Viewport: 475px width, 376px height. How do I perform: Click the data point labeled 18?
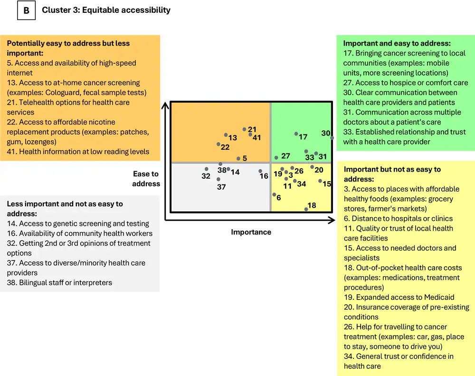coord(306,209)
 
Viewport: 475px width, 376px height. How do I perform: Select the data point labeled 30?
coord(332,138)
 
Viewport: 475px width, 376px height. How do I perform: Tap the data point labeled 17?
coord(296,134)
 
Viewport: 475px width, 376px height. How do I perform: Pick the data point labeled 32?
coord(207,169)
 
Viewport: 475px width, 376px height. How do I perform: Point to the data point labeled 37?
coord(218,179)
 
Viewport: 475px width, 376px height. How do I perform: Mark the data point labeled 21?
coord(244,129)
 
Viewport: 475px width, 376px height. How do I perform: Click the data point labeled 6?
coord(274,194)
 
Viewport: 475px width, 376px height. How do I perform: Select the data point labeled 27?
coord(276,157)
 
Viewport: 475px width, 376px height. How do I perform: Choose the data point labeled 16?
coord(260,171)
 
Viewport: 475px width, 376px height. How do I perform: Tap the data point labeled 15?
coord(321,181)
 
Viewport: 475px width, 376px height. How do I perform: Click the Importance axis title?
coord(251,232)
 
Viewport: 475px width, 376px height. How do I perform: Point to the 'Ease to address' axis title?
coord(146,179)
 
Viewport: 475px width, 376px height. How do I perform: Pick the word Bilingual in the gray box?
coord(35,283)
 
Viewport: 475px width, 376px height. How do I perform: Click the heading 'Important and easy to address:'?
coord(397,43)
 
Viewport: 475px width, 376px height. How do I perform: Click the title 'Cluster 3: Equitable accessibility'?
coord(106,10)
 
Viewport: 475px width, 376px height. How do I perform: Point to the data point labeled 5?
coord(238,159)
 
